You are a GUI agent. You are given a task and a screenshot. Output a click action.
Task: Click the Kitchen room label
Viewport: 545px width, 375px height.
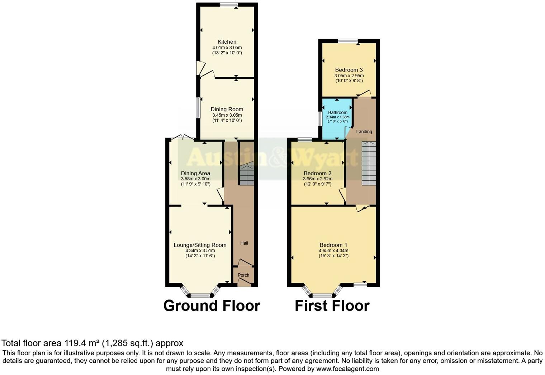pos(227,42)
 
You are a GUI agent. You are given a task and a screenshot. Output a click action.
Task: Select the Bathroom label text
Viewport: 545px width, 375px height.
pos(337,112)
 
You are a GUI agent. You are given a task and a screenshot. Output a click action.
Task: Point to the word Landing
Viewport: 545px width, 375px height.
pos(364,132)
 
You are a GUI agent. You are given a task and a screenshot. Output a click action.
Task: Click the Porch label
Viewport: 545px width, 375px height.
pos(243,275)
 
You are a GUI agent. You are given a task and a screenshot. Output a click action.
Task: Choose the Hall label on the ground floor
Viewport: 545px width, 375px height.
pos(244,243)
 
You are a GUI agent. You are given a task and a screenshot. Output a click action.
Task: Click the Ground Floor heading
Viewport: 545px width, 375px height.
pos(212,306)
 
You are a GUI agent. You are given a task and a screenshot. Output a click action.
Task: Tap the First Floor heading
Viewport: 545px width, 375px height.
pos(332,306)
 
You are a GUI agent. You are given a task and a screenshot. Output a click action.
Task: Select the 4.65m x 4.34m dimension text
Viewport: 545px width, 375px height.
pos(333,250)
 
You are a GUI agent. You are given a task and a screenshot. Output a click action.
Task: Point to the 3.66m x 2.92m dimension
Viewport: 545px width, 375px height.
pos(318,179)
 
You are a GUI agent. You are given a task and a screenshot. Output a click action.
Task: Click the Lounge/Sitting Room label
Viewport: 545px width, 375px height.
pos(200,245)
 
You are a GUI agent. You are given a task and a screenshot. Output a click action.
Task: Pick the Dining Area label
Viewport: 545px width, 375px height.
pos(195,173)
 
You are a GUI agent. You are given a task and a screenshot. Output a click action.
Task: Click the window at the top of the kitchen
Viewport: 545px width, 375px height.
pos(229,5)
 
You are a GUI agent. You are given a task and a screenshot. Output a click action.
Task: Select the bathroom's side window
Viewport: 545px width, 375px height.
pos(320,119)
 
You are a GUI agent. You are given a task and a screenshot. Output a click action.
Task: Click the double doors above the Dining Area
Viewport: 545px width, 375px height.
pos(183,137)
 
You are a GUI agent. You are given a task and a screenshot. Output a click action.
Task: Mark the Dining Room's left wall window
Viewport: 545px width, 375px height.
pos(198,107)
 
